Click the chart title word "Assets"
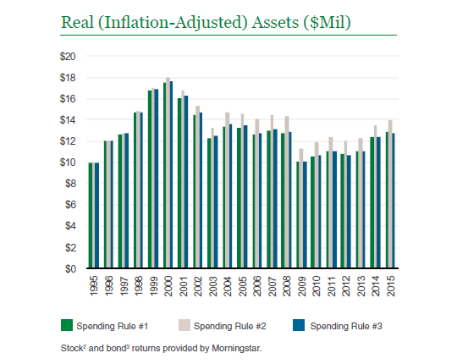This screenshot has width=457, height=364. [x=275, y=23]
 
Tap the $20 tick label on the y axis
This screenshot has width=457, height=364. [x=68, y=56]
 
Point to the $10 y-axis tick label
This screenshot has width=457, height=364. [x=68, y=163]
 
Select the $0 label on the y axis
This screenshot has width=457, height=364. [x=70, y=268]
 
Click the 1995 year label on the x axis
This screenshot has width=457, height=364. [x=94, y=286]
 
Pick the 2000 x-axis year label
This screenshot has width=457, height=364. [x=168, y=286]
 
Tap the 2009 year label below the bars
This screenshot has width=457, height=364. [x=302, y=286]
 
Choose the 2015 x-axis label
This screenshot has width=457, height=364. [x=391, y=286]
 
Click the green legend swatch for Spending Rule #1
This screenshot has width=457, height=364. [x=67, y=325]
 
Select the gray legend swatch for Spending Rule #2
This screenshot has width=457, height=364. [x=184, y=325]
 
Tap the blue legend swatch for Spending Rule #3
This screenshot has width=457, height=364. [x=299, y=325]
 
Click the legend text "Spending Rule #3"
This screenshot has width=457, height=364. [x=346, y=326]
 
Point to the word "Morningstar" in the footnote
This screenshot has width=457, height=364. [x=236, y=348]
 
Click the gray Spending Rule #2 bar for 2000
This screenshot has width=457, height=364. [x=168, y=173]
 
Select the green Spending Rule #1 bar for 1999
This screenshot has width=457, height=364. [x=150, y=179]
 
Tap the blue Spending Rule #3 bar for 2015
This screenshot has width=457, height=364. [x=394, y=201]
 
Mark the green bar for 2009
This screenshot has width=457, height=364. [x=298, y=215]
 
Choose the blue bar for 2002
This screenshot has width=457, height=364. [x=201, y=190]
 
